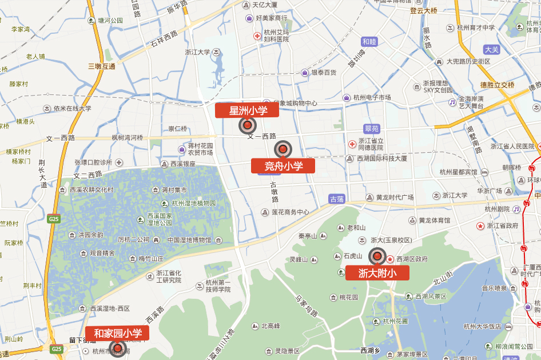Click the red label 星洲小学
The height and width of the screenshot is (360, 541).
[247, 110]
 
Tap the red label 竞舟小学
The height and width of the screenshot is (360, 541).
[283, 166]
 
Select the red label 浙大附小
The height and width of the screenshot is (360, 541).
[377, 273]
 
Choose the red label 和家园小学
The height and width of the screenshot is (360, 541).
[117, 333]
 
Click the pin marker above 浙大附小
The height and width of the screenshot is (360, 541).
[377, 257]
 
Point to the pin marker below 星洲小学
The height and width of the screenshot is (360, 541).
[248, 125]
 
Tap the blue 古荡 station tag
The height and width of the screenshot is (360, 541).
[337, 199]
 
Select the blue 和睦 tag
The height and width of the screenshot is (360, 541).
[370, 41]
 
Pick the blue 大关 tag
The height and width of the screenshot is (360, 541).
[491, 49]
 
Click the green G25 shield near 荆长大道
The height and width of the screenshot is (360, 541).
[54, 219]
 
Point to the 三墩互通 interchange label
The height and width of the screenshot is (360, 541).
[101, 66]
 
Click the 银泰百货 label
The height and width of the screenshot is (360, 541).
[323, 73]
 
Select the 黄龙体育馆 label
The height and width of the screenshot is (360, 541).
[434, 220]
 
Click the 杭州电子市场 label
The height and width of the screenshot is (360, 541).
[372, 98]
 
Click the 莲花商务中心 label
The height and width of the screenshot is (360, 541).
[290, 212]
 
